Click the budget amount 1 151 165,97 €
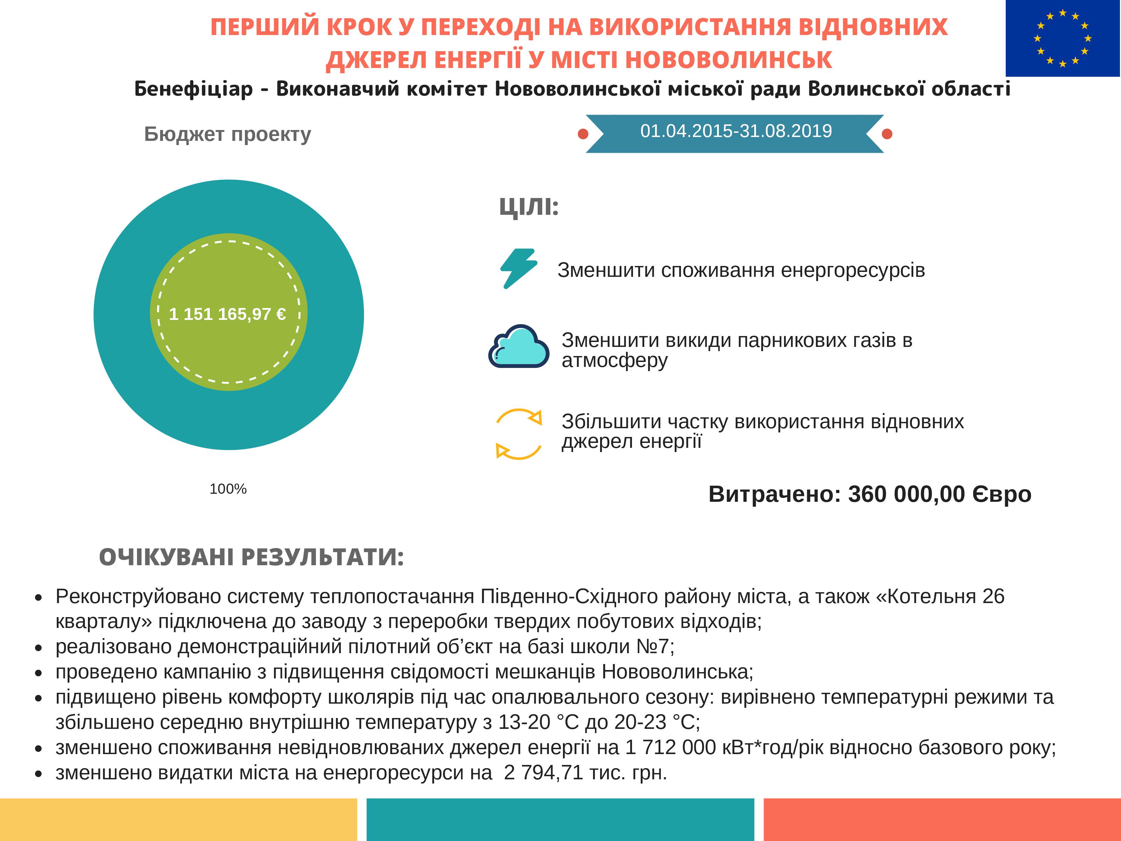228,314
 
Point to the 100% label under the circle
228,489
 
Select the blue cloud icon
518,346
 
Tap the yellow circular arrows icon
518,434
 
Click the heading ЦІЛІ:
529,207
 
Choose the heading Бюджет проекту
228,134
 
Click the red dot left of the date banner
583,134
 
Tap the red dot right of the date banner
887,134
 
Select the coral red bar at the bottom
942,819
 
